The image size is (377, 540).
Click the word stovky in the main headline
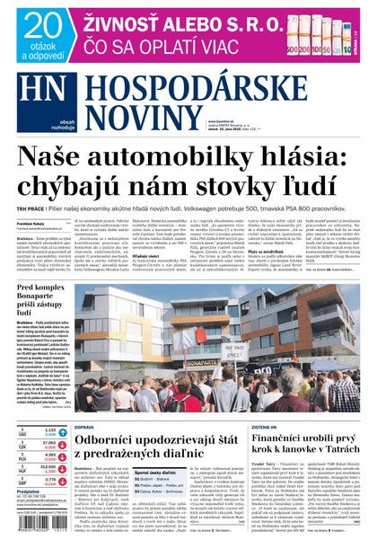pos(241,198)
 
